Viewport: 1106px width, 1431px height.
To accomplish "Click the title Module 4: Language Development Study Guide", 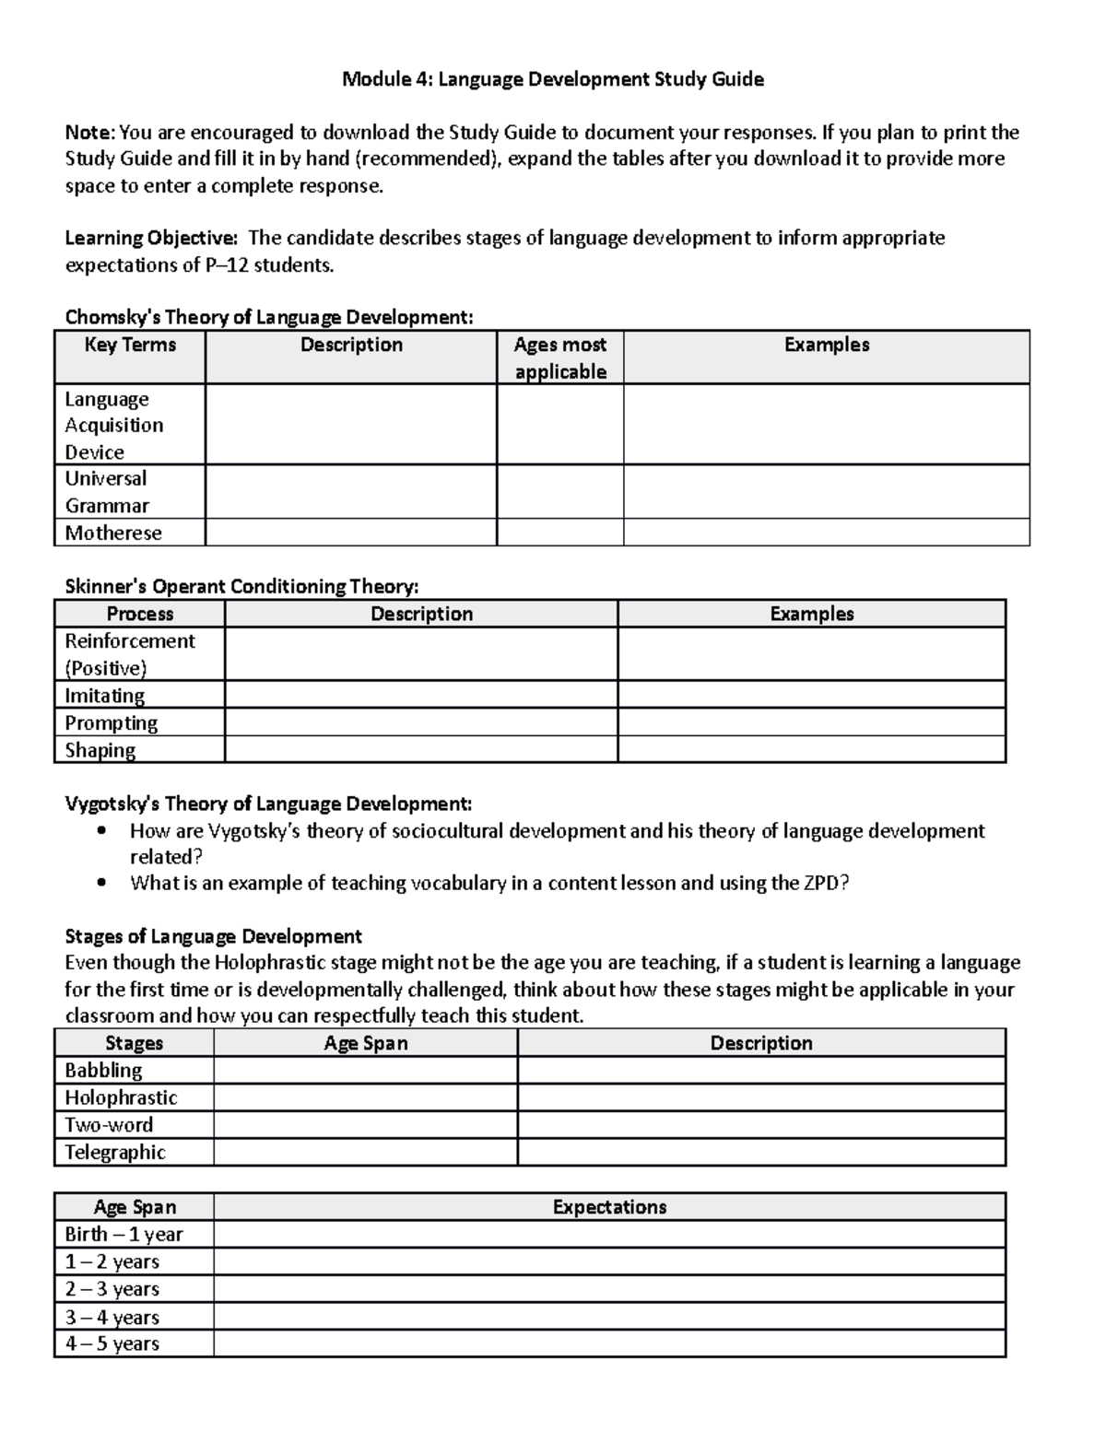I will [x=552, y=79].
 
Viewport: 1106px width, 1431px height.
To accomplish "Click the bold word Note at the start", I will [x=88, y=133].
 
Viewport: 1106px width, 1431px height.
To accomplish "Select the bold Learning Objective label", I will [x=150, y=239].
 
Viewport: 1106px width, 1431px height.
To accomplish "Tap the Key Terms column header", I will [x=130, y=345].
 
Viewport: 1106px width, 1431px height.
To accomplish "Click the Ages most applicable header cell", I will [x=559, y=358].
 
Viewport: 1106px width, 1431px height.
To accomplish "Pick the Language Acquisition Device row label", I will [x=113, y=425].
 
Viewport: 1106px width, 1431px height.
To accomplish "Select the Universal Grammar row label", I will [x=106, y=491].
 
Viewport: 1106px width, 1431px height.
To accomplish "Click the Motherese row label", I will [x=112, y=533].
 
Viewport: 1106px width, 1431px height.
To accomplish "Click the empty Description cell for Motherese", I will [x=350, y=533].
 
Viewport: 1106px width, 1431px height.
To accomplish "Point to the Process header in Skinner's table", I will [x=139, y=614].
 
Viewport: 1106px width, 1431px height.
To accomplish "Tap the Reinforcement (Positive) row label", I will [x=129, y=653].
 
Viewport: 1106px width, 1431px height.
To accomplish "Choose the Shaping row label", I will [x=100, y=750].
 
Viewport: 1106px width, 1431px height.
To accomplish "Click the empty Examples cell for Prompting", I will [x=811, y=722].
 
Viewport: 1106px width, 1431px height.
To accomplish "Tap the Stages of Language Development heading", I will [x=213, y=936].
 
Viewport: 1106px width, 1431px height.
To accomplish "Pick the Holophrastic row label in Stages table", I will [x=121, y=1097].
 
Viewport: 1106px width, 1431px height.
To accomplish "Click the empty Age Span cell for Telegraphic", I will [x=365, y=1152].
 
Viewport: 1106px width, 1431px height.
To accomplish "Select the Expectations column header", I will [x=609, y=1207].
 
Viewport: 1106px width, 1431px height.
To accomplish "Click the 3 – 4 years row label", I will [x=112, y=1317].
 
